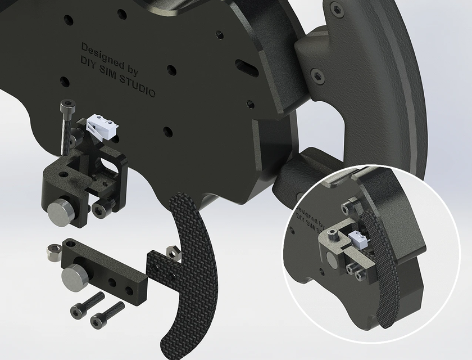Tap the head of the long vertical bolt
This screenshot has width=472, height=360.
(68, 105)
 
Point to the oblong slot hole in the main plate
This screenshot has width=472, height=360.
(247, 68)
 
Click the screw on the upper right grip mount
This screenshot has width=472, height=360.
(318, 75)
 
